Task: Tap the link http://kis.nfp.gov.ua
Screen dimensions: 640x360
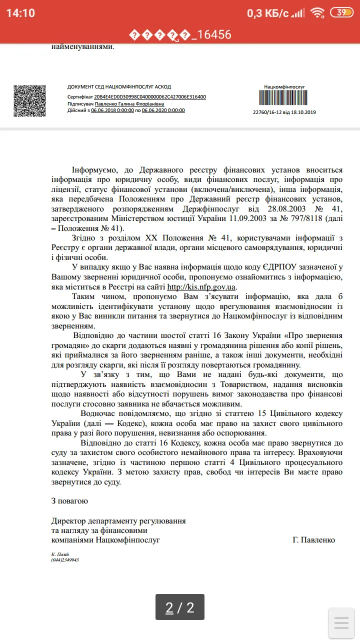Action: pos(201,287)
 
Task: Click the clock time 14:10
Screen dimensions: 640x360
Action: pos(20,13)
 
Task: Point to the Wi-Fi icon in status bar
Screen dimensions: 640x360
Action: pos(317,13)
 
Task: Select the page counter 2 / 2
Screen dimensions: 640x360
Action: pos(180,607)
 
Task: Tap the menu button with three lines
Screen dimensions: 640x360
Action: pos(341,622)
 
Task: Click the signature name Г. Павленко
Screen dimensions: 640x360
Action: pos(314,540)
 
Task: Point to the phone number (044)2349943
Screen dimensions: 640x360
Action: pos(65,559)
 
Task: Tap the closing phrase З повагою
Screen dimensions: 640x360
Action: pos(69,500)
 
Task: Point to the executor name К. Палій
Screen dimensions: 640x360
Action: pos(60,554)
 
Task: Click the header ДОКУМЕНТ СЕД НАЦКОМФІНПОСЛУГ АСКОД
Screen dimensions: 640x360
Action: pos(119,86)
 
